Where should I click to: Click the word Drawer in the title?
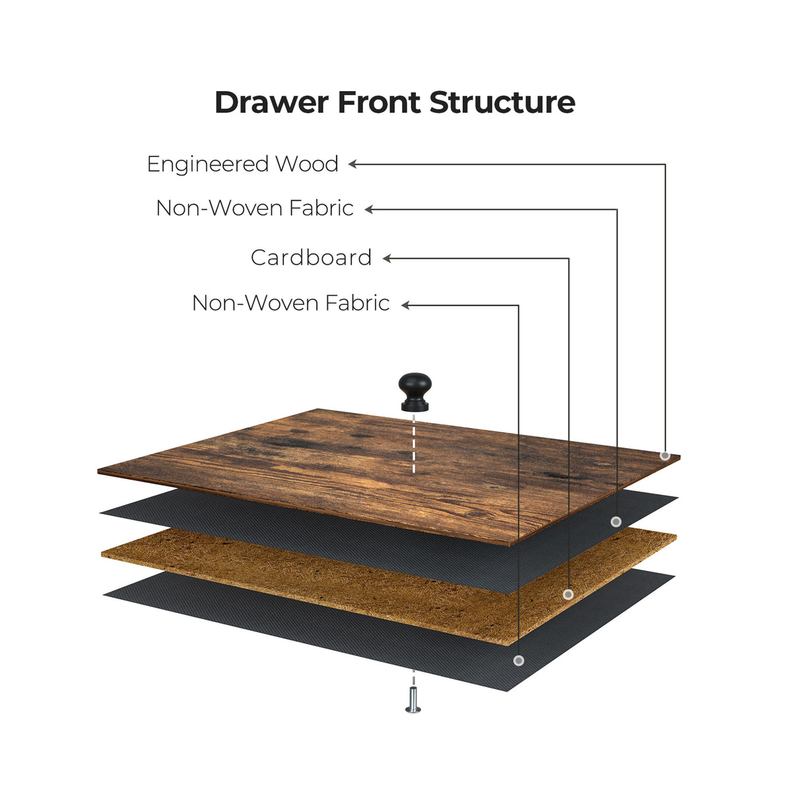(x=271, y=103)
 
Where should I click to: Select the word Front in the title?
(x=379, y=103)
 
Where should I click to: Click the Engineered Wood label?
(x=242, y=164)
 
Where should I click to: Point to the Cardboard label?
(x=311, y=257)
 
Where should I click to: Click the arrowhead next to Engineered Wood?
(x=353, y=164)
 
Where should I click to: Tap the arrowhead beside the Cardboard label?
(x=387, y=259)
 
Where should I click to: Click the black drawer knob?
(x=414, y=391)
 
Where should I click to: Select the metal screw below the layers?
(x=413, y=700)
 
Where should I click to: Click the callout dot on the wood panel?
(x=665, y=455)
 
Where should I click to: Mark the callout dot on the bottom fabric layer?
(x=519, y=660)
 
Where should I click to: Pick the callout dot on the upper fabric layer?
(x=616, y=521)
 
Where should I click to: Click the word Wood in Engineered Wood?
(x=307, y=164)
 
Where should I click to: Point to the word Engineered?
(x=209, y=164)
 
